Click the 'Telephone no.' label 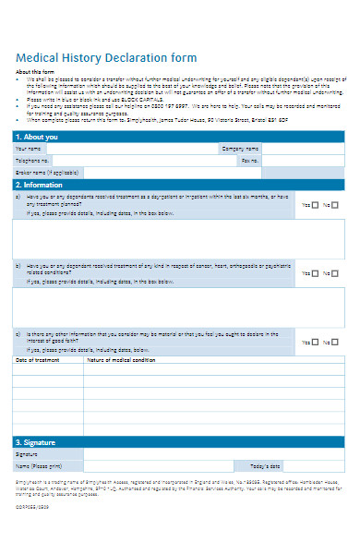pos(33,160)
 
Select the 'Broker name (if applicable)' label pos(47,172)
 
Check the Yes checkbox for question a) pos(316,205)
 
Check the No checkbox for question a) pos(338,205)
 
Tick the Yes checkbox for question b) pos(316,273)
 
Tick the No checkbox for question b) pos(338,273)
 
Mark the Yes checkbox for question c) pos(316,342)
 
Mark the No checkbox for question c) pos(338,342)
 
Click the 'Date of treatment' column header pos(40,360)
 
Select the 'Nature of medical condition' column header pos(121,360)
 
